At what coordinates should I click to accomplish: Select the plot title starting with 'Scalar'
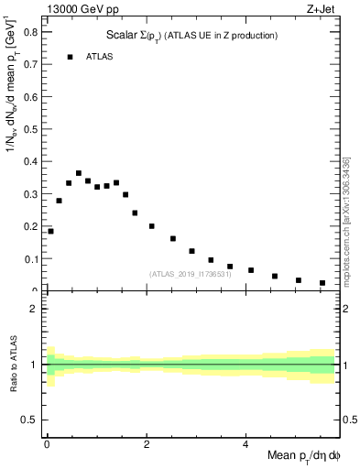coord(191,36)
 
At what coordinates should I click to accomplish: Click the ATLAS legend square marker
coord(70,57)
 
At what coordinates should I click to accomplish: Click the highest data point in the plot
coord(79,173)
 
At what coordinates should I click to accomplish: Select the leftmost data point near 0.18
coord(50,231)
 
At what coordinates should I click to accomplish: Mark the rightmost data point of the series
coord(322,283)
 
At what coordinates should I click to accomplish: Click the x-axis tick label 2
coord(146,445)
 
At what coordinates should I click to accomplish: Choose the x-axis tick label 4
coord(245,445)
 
